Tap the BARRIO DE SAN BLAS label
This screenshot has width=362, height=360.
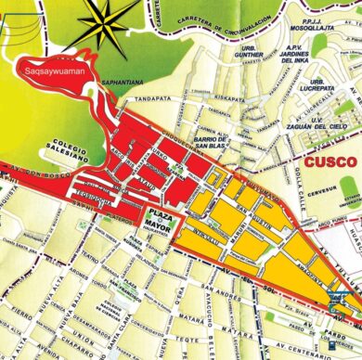pos(208,140)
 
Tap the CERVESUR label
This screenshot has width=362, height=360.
pos(330,193)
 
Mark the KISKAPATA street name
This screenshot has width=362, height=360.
pos(228,96)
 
